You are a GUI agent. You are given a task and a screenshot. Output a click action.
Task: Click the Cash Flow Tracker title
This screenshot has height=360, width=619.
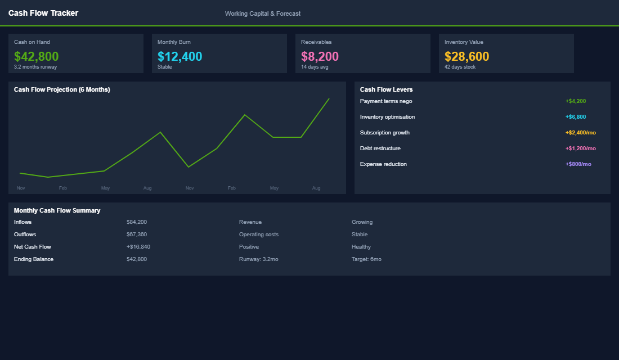43,13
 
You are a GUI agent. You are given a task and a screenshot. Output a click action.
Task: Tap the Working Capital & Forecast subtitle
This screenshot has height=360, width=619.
263,13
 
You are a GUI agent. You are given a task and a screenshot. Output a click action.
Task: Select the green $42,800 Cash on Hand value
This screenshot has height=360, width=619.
37,56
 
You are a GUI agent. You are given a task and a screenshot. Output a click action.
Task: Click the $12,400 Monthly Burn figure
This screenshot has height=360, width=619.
180,56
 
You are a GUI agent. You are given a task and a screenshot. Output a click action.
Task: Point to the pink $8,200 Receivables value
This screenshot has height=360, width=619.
320,56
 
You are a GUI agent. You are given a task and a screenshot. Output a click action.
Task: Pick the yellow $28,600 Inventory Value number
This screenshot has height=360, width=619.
467,56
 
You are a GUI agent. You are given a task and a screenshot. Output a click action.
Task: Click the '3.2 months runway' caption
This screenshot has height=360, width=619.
35,67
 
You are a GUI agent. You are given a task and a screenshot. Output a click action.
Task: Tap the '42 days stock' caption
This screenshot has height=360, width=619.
460,67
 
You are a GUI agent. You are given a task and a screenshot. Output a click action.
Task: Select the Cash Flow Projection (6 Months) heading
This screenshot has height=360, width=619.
62,89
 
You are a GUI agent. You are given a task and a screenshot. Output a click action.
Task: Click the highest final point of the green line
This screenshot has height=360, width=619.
329,99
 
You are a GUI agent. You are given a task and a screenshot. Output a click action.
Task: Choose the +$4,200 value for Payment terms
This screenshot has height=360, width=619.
576,101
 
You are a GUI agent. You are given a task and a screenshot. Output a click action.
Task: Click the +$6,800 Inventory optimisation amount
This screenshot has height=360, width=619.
576,117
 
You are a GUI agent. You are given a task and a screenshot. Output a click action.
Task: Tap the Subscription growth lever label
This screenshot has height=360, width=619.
385,133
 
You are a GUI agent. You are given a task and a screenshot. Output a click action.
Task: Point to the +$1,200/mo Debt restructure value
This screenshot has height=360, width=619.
580,148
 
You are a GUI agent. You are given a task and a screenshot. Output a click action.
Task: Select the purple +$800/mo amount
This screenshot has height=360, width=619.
578,164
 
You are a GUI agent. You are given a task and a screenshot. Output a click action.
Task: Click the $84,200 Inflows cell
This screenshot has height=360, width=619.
137,222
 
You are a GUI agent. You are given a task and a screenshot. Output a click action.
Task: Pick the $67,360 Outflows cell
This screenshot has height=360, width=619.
137,235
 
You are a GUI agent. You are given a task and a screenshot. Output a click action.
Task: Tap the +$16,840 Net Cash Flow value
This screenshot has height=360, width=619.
138,247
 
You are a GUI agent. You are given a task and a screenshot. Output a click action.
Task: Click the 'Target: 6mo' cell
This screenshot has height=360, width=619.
366,259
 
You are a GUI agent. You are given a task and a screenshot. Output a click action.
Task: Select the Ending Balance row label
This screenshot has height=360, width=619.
34,259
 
